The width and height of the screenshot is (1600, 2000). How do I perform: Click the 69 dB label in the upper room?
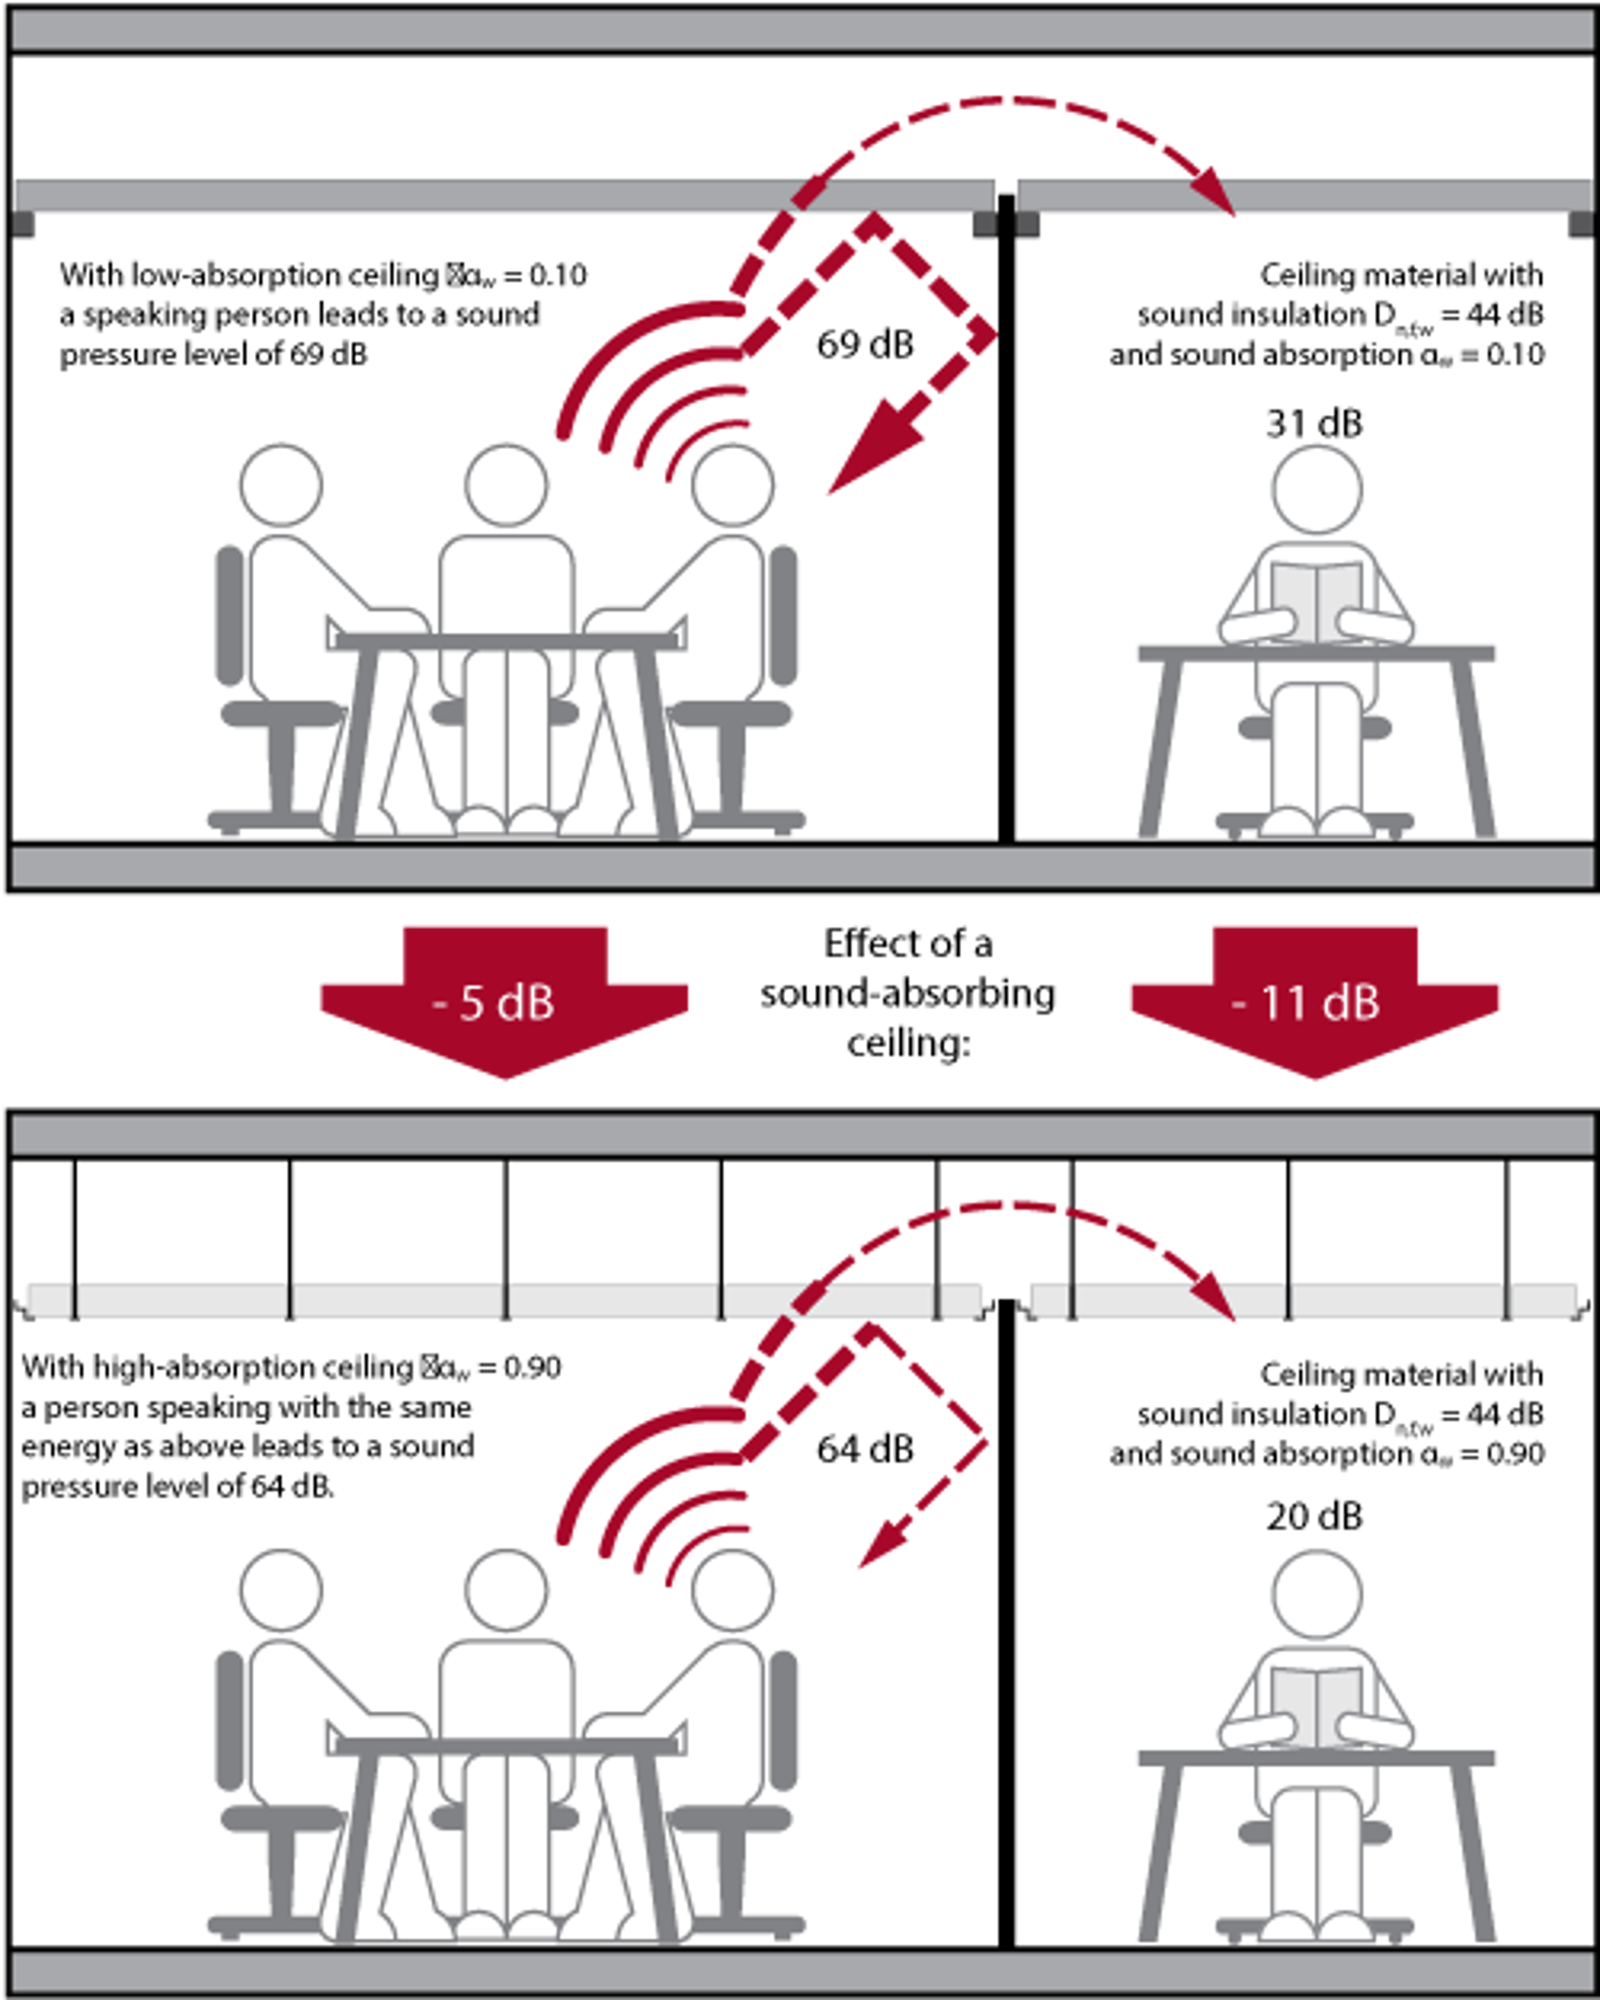(x=865, y=344)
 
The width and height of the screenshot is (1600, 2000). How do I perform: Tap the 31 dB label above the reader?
(x=1314, y=424)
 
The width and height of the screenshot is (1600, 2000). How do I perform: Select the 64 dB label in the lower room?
(x=865, y=1449)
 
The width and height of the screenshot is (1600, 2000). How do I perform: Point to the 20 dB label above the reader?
(x=1314, y=1517)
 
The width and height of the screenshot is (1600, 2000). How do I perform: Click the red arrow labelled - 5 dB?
(x=504, y=1002)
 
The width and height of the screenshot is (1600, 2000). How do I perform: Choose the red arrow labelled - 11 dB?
(x=1314, y=1002)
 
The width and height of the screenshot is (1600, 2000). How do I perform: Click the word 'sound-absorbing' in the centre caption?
(x=908, y=993)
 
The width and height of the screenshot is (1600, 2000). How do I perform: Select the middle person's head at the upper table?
(x=507, y=485)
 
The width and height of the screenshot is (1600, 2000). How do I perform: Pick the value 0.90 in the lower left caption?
(x=532, y=1367)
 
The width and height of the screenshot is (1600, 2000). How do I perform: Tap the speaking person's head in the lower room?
(x=732, y=1590)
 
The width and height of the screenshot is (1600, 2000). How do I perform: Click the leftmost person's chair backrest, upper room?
(x=229, y=615)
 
